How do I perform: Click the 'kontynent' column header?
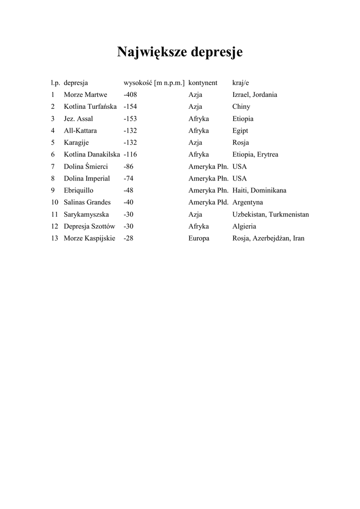pos(203,83)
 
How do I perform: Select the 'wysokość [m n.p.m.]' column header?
pos(154,83)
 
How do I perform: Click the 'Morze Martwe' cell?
pos(86,94)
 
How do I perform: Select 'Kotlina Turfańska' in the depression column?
pos(90,106)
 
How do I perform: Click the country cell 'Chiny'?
pos(241,106)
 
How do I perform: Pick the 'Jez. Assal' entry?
pos(78,119)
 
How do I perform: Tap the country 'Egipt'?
pos(240,131)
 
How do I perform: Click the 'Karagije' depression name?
pos(76,143)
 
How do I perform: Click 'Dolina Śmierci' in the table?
pos(86,167)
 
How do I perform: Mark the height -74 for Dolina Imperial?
pos(128,178)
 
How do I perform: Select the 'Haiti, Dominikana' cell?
pos(259,190)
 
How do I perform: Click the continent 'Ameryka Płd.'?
pos(208,202)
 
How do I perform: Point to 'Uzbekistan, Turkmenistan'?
pos(270,214)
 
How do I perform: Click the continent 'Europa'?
pos(199,238)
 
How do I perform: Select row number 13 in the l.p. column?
pos(54,238)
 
